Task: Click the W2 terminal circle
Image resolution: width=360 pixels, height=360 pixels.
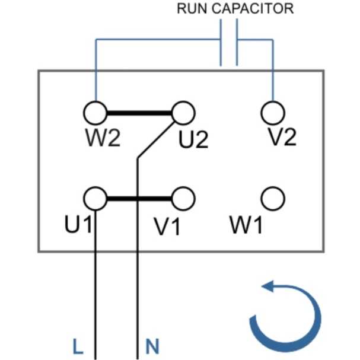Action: [95, 113]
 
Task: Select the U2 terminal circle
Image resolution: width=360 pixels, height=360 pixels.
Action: [183, 113]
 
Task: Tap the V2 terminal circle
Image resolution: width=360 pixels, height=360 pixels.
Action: [273, 113]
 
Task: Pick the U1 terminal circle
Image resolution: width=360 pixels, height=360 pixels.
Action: [95, 199]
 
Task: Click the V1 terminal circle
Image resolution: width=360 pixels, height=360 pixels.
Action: [183, 199]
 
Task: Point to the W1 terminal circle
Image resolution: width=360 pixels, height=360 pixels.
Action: [273, 199]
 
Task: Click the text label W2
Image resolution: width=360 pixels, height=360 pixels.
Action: [103, 138]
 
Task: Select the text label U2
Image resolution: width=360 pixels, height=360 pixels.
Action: [193, 139]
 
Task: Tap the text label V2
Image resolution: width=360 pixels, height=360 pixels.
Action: [282, 137]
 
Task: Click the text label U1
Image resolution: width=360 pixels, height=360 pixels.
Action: [78, 224]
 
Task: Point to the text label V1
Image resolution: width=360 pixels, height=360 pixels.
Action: [167, 227]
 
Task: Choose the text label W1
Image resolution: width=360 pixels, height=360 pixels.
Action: [246, 225]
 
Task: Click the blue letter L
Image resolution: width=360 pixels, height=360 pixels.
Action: [78, 346]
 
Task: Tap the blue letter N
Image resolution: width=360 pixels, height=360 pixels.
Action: [152, 346]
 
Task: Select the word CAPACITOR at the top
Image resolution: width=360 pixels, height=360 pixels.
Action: [253, 8]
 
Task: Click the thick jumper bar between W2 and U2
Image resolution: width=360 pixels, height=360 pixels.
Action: [139, 113]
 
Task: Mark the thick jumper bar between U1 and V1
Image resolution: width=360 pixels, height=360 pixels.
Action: [139, 199]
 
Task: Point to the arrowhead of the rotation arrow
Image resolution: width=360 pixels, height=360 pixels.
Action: [267, 286]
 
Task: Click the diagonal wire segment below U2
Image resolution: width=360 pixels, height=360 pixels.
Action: [156, 140]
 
